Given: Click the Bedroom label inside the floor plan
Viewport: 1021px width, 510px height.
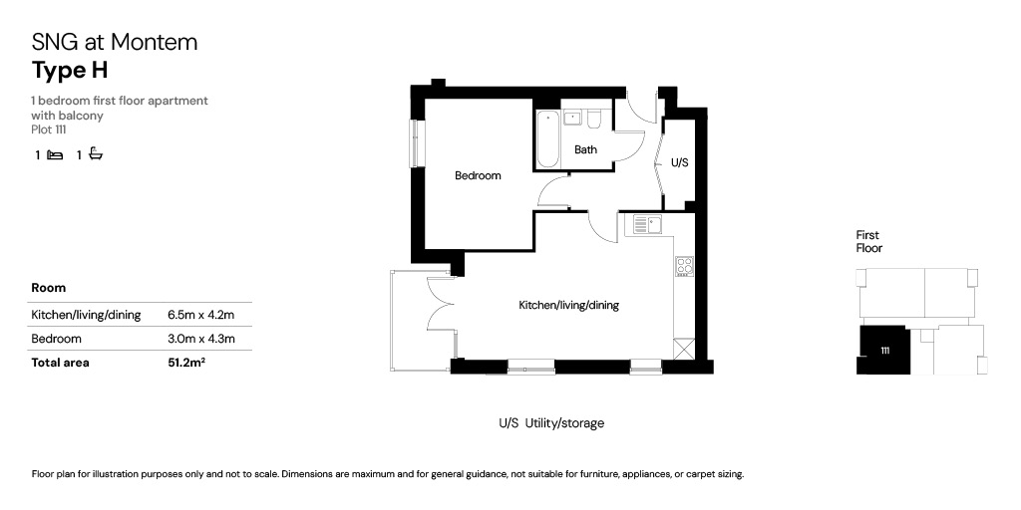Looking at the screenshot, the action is [x=478, y=175].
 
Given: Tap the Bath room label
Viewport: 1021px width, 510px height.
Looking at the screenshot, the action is [x=585, y=149].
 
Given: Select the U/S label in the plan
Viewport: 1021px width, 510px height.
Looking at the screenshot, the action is [x=679, y=162].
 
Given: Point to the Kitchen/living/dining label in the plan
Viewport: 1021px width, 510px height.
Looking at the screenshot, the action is [x=568, y=305].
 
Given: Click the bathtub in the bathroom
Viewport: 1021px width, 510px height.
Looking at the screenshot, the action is [x=547, y=138].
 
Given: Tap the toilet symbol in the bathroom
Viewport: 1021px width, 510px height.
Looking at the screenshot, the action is [x=593, y=119].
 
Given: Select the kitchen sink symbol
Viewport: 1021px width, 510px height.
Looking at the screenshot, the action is [x=647, y=225].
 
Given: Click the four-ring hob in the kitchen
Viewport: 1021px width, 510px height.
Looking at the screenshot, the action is [x=683, y=265].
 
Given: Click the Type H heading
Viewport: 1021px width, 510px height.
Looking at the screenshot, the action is [x=70, y=71].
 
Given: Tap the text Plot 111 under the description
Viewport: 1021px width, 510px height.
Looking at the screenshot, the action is [x=49, y=129].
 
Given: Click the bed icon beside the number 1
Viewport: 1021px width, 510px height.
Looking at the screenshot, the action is [x=56, y=155].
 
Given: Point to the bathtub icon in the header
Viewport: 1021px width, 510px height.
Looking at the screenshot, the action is [x=96, y=154].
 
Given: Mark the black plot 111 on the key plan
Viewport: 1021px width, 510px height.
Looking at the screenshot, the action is [x=883, y=351].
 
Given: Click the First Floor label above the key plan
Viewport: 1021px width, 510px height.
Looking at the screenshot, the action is [x=868, y=241].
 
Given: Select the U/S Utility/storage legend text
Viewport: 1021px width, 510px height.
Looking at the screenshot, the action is [x=551, y=423].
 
